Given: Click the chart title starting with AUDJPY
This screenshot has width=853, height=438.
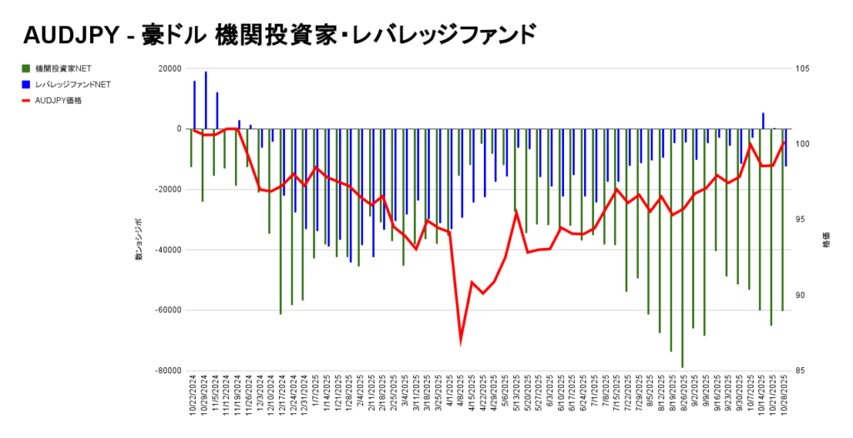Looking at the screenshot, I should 280,35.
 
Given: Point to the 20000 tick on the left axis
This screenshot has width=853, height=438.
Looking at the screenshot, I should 169,68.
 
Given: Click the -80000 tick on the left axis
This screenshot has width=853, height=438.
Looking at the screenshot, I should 167,371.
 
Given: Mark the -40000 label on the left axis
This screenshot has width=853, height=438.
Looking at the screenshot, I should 167,250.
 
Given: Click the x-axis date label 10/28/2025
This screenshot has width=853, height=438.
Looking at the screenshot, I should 784,396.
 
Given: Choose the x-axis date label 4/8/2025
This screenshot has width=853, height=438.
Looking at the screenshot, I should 461,391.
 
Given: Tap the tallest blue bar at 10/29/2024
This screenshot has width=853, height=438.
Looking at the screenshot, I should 206,100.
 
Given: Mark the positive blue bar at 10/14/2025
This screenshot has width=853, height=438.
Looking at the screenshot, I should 763,121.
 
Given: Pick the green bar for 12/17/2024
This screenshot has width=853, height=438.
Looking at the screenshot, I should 281,221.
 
